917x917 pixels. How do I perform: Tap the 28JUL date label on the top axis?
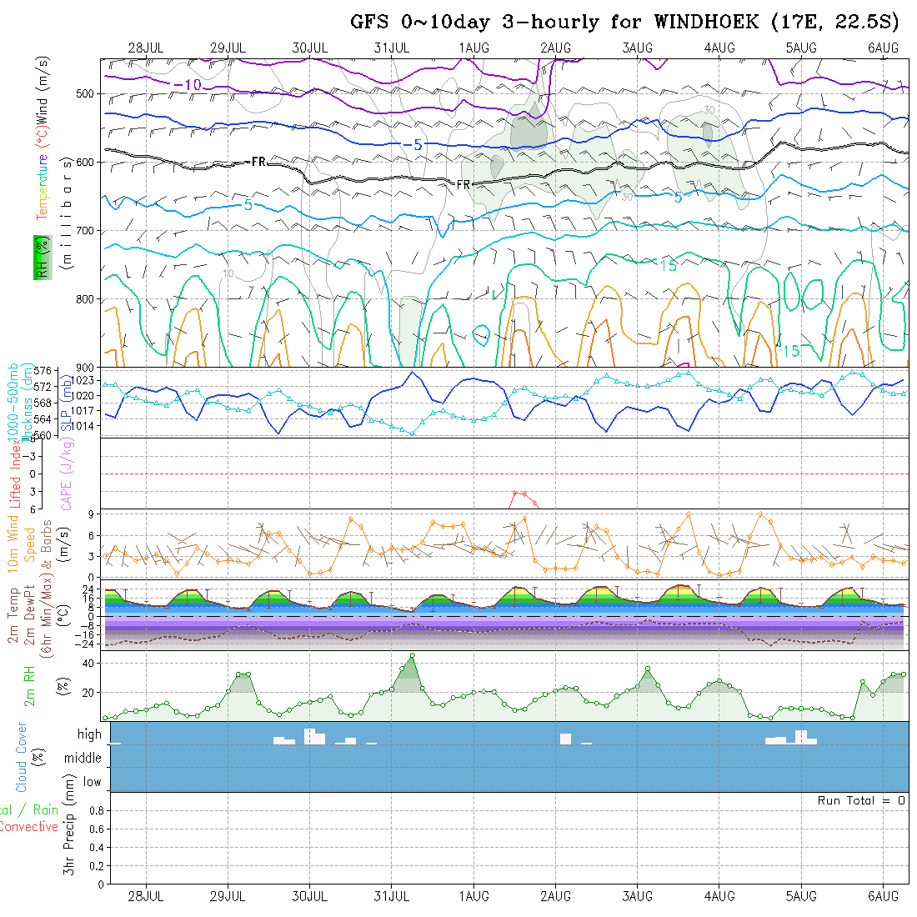click(146, 48)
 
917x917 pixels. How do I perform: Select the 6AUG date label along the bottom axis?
click(883, 895)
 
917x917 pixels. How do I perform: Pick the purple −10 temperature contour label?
click(188, 85)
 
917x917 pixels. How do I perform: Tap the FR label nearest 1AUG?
click(464, 184)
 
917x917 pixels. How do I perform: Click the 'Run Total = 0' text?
click(861, 800)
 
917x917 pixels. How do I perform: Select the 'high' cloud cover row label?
click(89, 734)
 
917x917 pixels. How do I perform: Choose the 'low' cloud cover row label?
click(92, 782)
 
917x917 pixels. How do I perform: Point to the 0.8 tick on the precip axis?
click(95, 810)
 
